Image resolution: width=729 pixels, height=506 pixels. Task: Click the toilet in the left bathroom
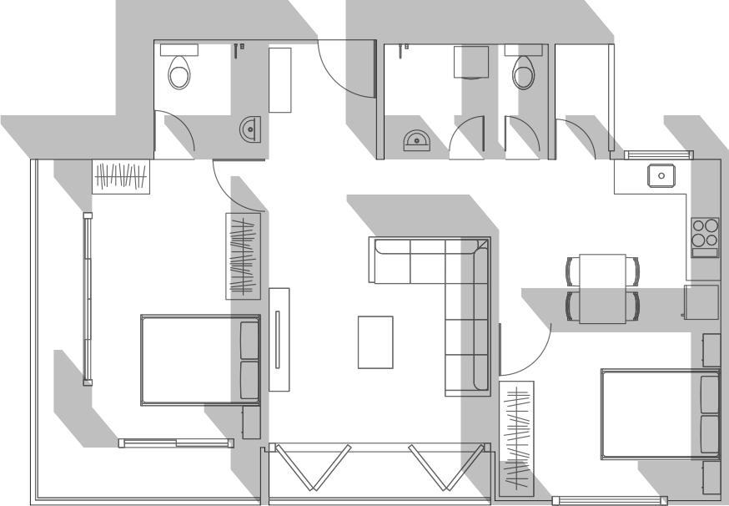pyautogui.click(x=178, y=71)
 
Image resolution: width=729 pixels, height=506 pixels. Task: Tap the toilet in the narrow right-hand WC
pyautogui.click(x=524, y=71)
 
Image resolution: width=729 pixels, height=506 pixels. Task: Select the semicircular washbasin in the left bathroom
pyautogui.click(x=250, y=129)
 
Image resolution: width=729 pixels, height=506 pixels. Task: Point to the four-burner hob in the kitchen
pyautogui.click(x=706, y=232)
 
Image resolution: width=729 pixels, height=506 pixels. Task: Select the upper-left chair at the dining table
pyautogui.click(x=572, y=271)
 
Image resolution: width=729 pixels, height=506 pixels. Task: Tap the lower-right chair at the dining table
pyautogui.click(x=636, y=306)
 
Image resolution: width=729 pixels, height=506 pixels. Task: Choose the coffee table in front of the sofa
pyautogui.click(x=375, y=342)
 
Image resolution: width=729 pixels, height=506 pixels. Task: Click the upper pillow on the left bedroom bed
pyautogui.click(x=249, y=339)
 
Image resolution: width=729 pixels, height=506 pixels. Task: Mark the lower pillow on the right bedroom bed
pyautogui.click(x=710, y=433)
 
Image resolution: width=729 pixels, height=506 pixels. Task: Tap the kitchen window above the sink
pyautogui.click(x=660, y=154)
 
